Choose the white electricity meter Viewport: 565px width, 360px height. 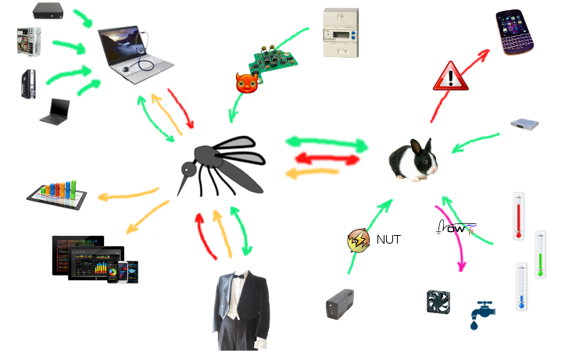341,33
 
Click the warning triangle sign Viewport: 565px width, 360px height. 450,76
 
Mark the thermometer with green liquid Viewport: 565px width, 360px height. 540,255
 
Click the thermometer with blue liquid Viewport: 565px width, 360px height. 521,287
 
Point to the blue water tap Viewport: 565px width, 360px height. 479,315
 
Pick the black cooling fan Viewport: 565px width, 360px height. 438,302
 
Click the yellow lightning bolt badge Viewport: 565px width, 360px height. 359,241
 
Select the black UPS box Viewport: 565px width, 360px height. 339,303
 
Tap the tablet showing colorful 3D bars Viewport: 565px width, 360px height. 55,192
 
